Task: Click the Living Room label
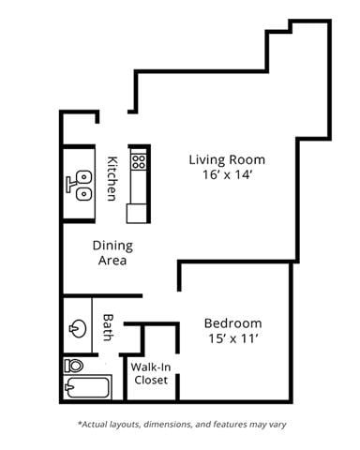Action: click(x=227, y=159)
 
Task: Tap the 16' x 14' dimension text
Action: click(x=227, y=175)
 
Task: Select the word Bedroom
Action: click(x=232, y=323)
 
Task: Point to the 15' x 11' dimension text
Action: click(x=232, y=339)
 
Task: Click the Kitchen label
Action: click(x=112, y=178)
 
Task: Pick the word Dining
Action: click(x=112, y=246)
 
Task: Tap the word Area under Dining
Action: click(x=112, y=261)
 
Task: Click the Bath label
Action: click(x=108, y=326)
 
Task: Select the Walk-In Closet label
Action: click(x=150, y=373)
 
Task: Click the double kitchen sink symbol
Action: click(x=81, y=184)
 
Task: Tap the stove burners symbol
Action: click(x=139, y=161)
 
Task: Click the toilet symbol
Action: click(x=73, y=365)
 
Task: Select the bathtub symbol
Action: click(x=86, y=387)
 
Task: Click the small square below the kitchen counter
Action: click(x=137, y=213)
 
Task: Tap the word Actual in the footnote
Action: click(x=96, y=424)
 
